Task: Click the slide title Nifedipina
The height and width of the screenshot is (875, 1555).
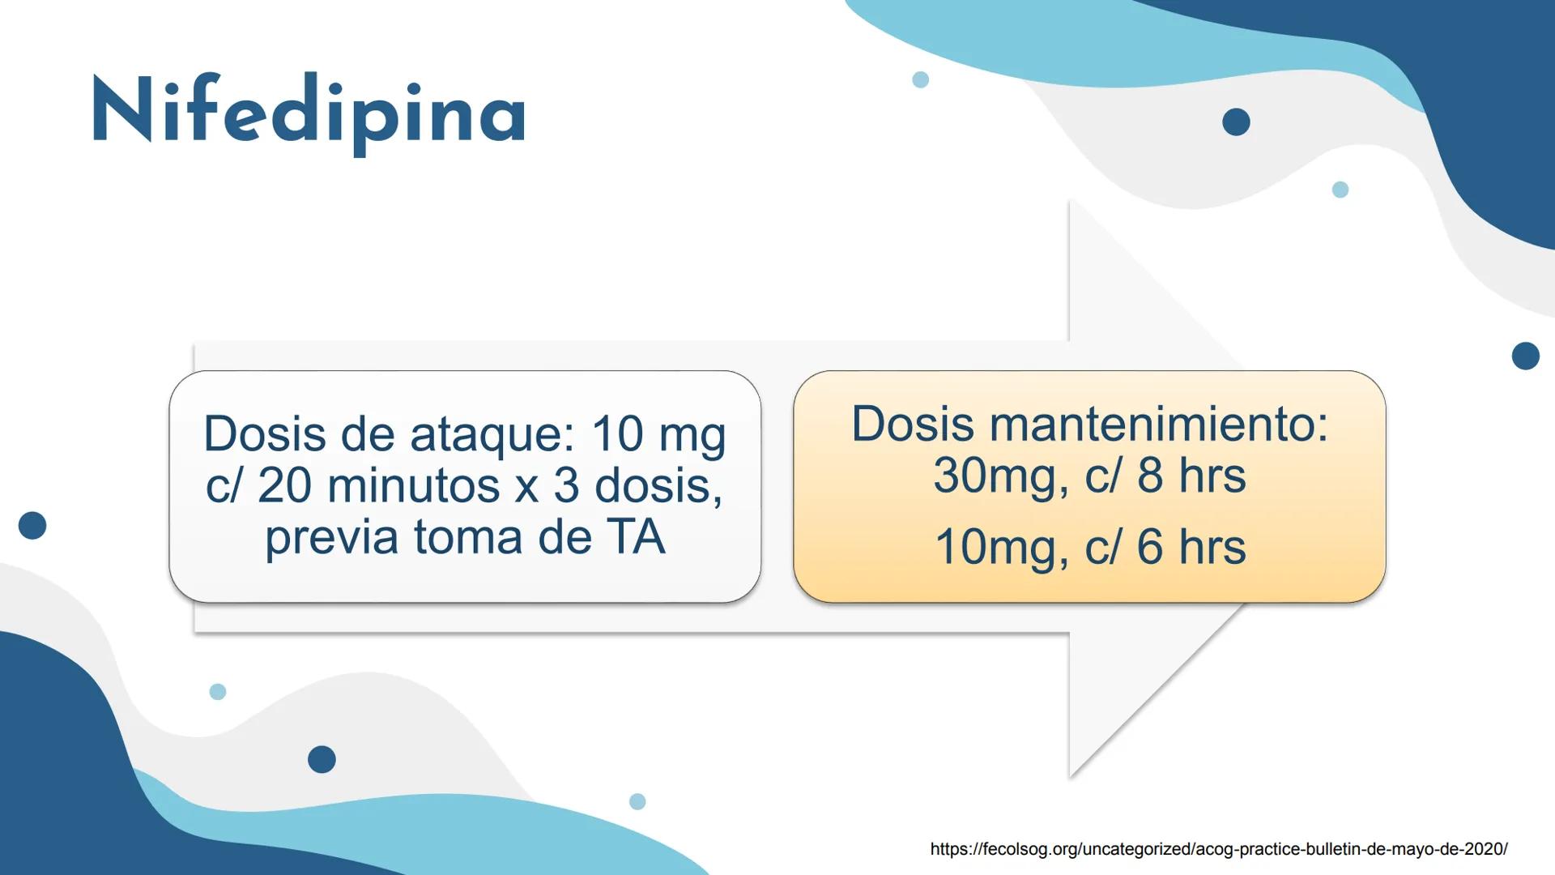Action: [x=309, y=113]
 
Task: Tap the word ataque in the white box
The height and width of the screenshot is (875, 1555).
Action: [x=492, y=434]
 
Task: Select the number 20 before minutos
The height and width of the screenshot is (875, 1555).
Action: [x=284, y=486]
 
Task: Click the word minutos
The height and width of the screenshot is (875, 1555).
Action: [x=414, y=486]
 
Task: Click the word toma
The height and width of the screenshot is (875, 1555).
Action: [x=467, y=537]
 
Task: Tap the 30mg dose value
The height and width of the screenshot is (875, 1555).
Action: [x=995, y=476]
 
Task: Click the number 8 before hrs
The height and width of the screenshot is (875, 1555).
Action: [x=1150, y=476]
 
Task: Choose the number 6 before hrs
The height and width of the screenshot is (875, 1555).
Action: [x=1150, y=547]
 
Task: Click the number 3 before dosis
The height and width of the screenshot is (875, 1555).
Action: [x=566, y=486]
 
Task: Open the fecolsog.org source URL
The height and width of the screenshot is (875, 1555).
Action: [x=1218, y=849]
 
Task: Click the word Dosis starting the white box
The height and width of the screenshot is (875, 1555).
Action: [x=264, y=434]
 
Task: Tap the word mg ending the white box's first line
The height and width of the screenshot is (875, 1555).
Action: [x=692, y=436]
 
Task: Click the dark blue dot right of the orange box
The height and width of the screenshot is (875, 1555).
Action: [x=1525, y=356]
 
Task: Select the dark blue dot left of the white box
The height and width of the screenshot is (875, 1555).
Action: [x=32, y=525]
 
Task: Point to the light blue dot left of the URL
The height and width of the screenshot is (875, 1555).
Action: [x=637, y=801]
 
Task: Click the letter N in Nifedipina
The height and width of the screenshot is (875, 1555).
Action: [x=122, y=110]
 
